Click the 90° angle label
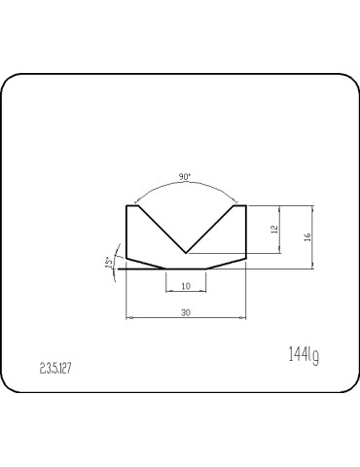click(185, 178)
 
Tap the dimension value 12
click(275, 230)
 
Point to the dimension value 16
click(307, 236)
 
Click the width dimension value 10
click(185, 285)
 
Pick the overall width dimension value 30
click(185, 311)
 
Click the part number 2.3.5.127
click(56, 369)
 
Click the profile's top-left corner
click(127, 205)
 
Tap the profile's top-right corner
click(244, 205)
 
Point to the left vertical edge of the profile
click(127, 232)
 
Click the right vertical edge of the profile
click(244, 232)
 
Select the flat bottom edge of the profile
click(185, 269)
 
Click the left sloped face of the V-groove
click(162, 230)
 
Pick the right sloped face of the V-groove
click(210, 230)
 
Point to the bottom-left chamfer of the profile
click(147, 263)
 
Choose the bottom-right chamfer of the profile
click(225, 263)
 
